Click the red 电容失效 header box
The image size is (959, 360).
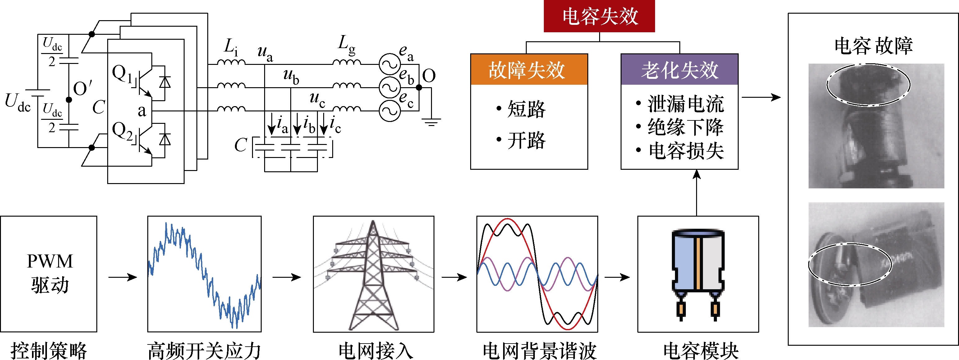(x=599, y=16)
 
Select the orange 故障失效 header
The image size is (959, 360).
(x=529, y=70)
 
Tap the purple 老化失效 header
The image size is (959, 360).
(x=679, y=70)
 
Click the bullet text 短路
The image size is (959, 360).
(x=526, y=109)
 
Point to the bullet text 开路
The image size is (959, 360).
(x=526, y=140)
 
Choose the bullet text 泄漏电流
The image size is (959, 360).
(x=686, y=104)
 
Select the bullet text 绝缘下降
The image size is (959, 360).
(x=686, y=127)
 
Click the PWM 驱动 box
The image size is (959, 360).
(x=49, y=274)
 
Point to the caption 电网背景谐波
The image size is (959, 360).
(x=539, y=351)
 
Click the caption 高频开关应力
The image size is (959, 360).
(x=204, y=351)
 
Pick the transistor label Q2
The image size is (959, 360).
(x=122, y=131)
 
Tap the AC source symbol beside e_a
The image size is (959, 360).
(x=389, y=64)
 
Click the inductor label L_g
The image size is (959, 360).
(x=346, y=45)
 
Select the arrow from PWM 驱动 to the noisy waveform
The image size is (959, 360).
(x=122, y=277)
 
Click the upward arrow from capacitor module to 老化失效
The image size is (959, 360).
(x=696, y=193)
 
